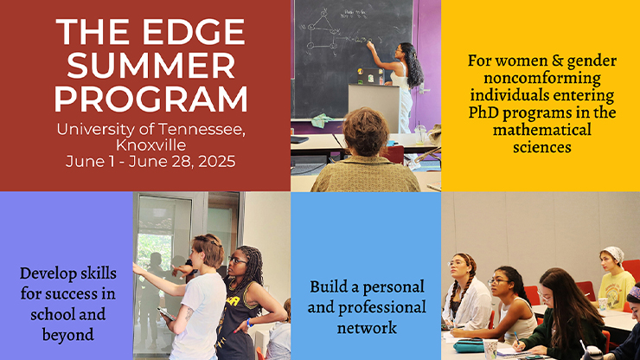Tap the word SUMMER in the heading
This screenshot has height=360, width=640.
pos(151,66)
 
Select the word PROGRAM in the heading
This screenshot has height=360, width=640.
pos(151,99)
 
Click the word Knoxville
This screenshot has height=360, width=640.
pos(151,145)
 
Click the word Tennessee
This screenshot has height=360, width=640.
pos(202,130)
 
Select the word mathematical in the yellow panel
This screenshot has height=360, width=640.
pos(542,130)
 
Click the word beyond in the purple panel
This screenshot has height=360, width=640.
pos(68,335)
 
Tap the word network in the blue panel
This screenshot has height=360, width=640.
pos(367,328)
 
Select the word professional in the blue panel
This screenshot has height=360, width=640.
pos(386,307)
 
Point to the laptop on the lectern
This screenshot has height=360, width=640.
pos(371,76)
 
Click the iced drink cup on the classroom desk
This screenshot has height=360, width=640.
pos(420,133)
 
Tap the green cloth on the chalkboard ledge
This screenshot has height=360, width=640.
pos(323,120)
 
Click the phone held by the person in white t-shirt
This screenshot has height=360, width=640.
pos(167,314)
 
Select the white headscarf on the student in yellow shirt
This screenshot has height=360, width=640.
pos(613,254)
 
